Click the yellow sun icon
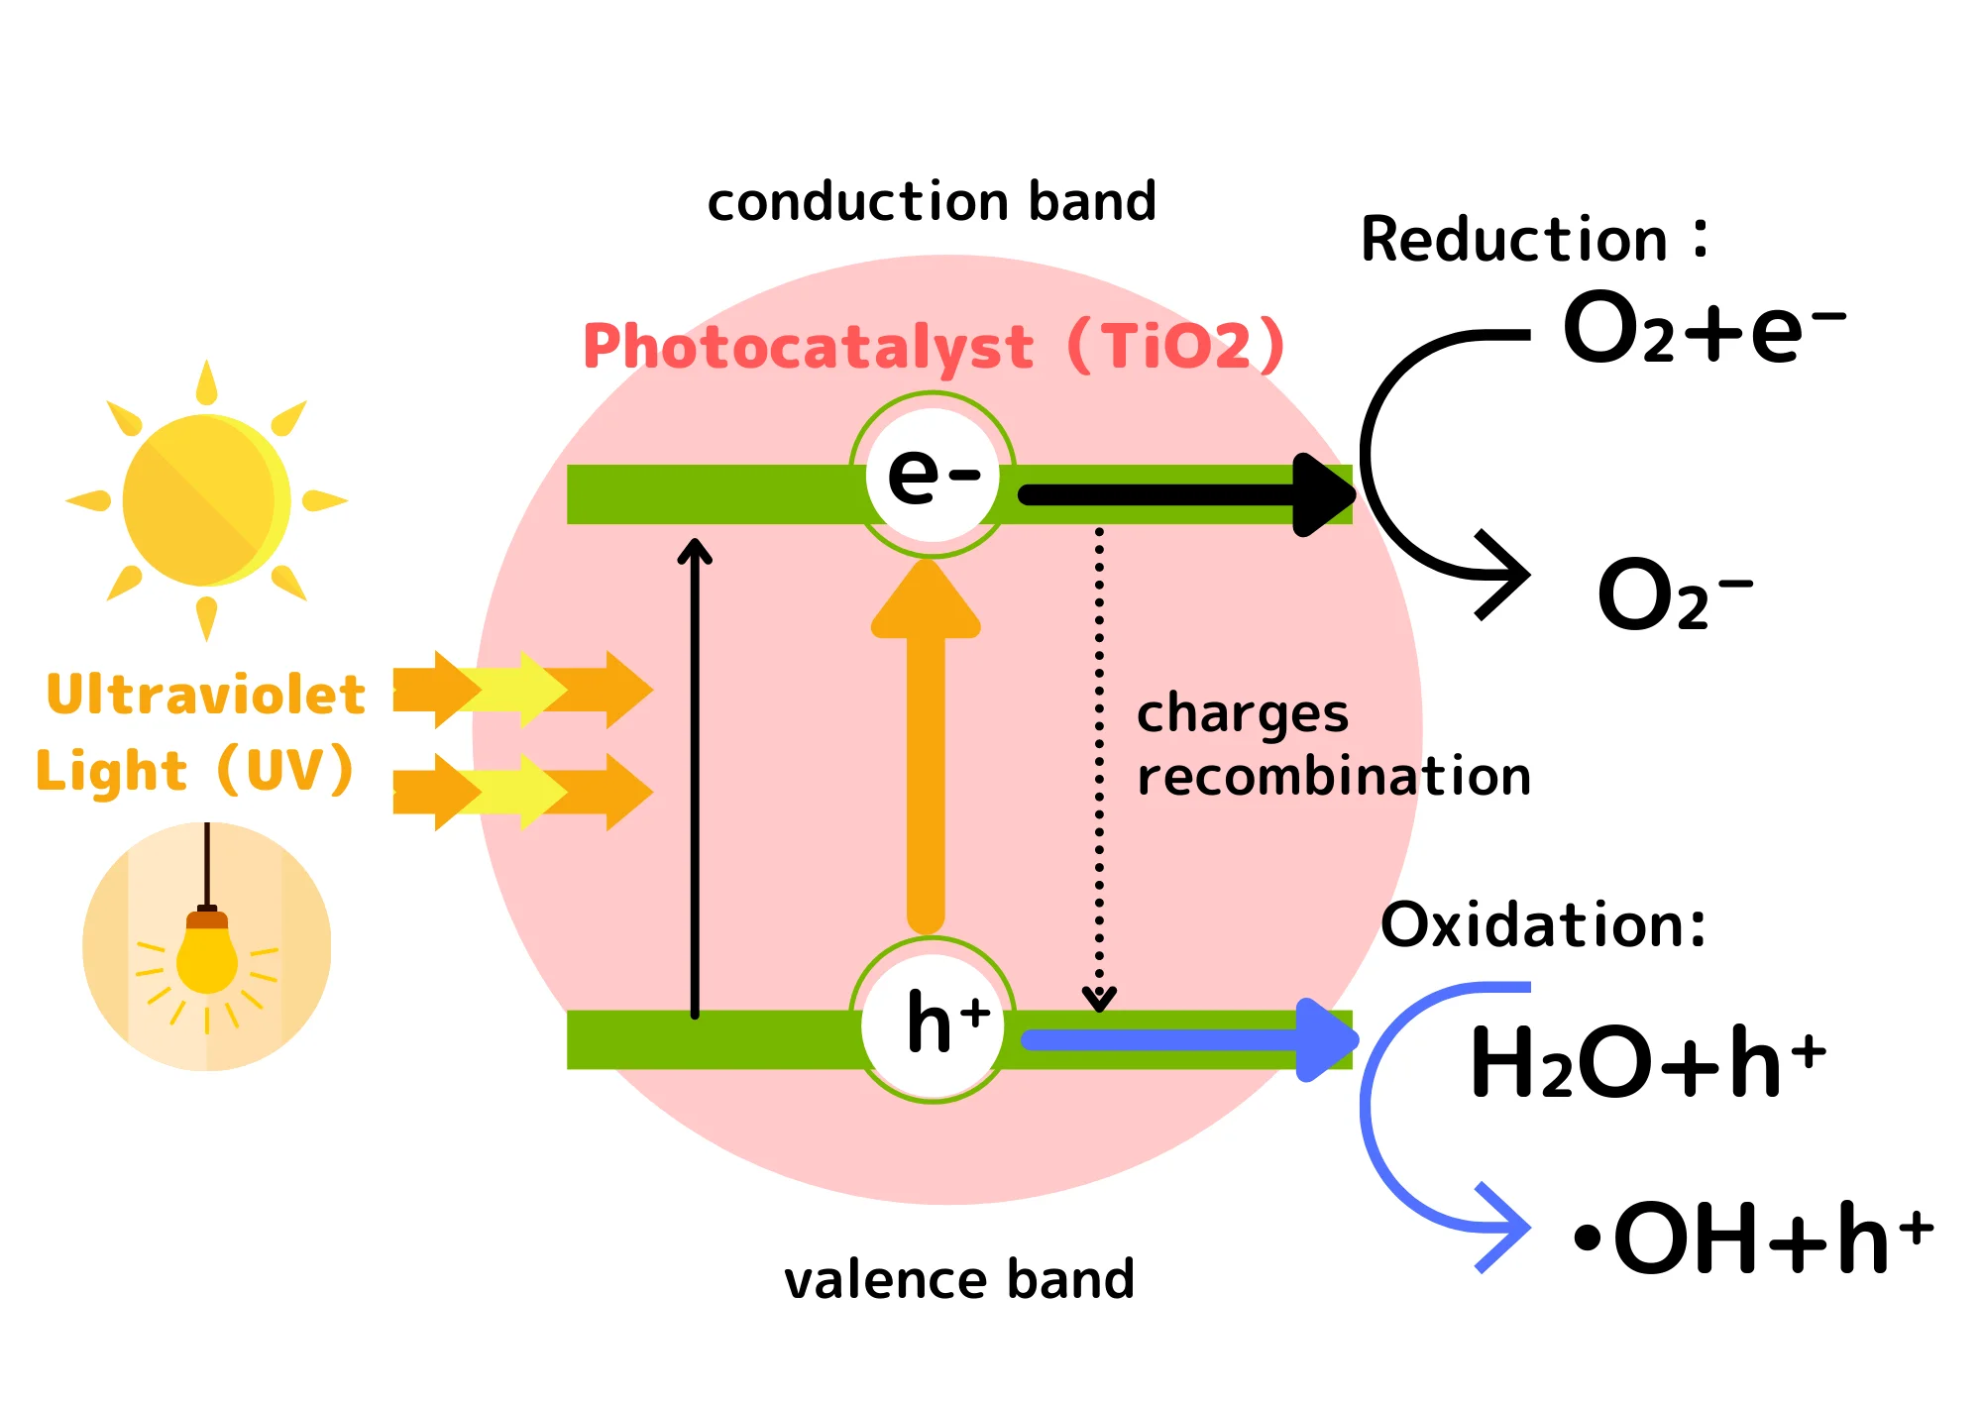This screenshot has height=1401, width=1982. coord(206,500)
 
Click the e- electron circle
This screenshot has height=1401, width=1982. coord(933,475)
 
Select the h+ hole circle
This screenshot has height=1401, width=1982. coord(933,1022)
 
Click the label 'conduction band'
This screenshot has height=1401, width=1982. coord(932,201)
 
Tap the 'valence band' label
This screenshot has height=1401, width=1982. coord(959,1279)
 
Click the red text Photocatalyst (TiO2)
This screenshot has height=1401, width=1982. coord(933,347)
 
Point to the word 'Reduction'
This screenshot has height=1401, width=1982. coord(1514,240)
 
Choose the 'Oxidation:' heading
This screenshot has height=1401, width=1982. coord(1543,925)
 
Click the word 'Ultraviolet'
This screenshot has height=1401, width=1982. coord(206,695)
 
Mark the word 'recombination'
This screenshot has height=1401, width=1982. coord(1334,776)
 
